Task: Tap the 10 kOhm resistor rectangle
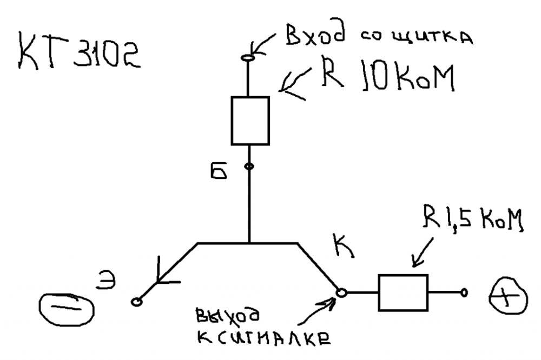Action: (250, 121)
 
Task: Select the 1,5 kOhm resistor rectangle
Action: (403, 292)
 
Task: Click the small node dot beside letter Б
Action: (249, 166)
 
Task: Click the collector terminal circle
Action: (341, 292)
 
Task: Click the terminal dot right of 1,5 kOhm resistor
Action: (464, 293)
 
